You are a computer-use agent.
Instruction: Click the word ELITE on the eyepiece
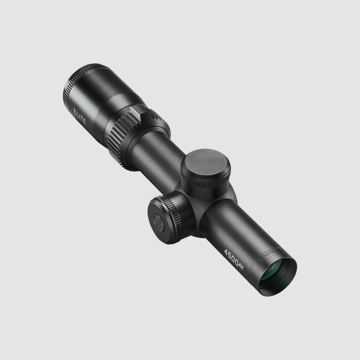coord(80,117)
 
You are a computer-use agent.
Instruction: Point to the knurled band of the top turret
coord(207,182)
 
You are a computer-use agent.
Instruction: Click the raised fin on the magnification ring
coord(139,114)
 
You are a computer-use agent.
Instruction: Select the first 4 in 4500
coord(226,251)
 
